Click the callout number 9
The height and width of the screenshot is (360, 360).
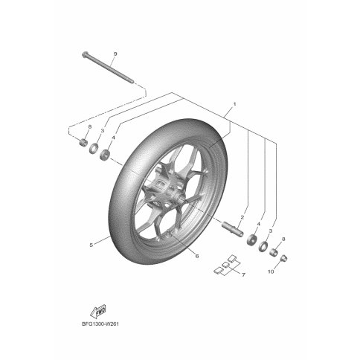pos(115,54)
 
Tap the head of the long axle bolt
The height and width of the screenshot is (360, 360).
pos(85,54)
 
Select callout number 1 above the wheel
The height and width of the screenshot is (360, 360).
pos(234,104)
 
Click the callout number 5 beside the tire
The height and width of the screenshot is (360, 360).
pos(91,245)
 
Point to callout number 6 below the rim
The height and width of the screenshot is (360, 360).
pos(197,256)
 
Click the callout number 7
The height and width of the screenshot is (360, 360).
pos(243,274)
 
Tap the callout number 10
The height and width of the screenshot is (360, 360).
pos(271,271)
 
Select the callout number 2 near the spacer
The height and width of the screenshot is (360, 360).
pos(242,218)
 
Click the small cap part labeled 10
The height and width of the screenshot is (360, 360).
pos(283,258)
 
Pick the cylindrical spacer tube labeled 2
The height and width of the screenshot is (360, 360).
pos(233,228)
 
